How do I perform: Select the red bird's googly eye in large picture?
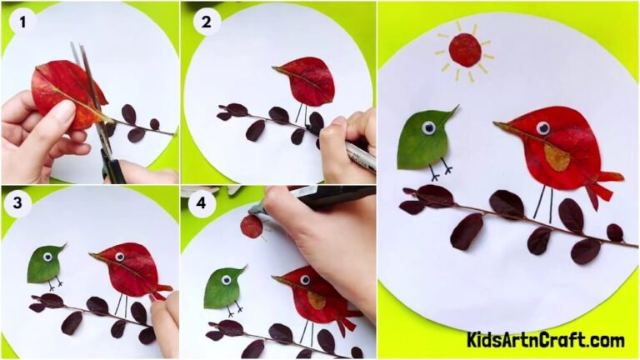coord(542,127)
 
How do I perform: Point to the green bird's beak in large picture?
coord(451,112)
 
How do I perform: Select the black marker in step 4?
coord(317,199)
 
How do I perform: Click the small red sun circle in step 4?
coord(251,226)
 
